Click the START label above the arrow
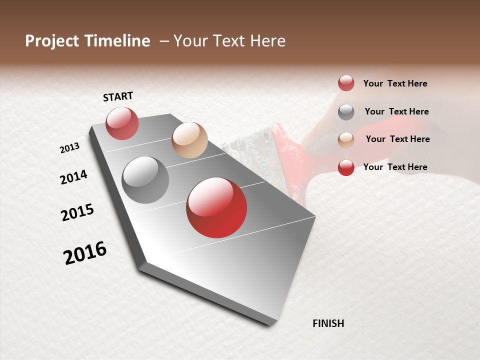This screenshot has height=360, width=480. coord(118,96)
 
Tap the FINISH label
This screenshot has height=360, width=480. coord(328,323)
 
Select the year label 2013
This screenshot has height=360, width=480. coord(70,148)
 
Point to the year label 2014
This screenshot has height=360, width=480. coord(74,177)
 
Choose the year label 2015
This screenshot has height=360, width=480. coord(77,212)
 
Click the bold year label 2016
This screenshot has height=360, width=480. coord(85,252)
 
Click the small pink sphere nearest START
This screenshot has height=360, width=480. coord(122,123)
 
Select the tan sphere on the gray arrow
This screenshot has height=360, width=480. coord(189,140)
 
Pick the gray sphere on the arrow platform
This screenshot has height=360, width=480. coord(145,180)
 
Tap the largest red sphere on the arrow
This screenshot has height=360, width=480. coord(216,207)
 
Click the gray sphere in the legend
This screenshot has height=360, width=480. coord(346,112)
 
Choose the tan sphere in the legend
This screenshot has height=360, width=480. coord(346,140)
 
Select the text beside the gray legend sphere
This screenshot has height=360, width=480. coord(396,111)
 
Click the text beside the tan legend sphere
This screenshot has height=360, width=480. coord(397,139)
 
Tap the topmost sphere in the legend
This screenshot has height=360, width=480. coord(346,83)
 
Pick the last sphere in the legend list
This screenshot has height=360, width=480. coord(346,167)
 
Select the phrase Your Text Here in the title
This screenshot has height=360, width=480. coord(229,41)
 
